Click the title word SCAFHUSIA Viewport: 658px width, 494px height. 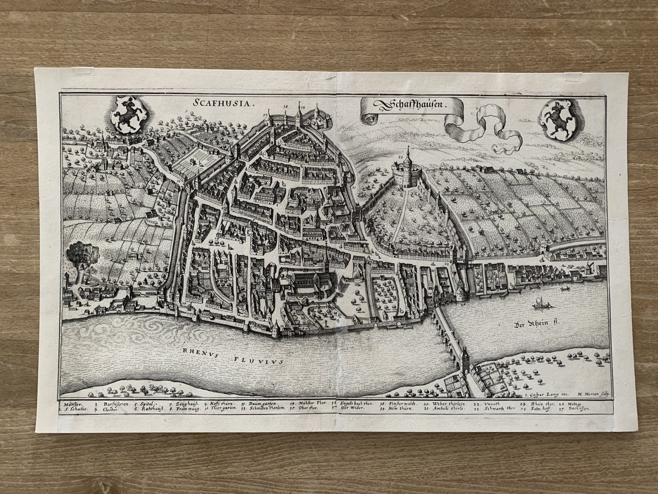217,103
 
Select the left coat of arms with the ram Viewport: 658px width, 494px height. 128,114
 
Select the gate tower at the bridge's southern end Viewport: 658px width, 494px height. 465,362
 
